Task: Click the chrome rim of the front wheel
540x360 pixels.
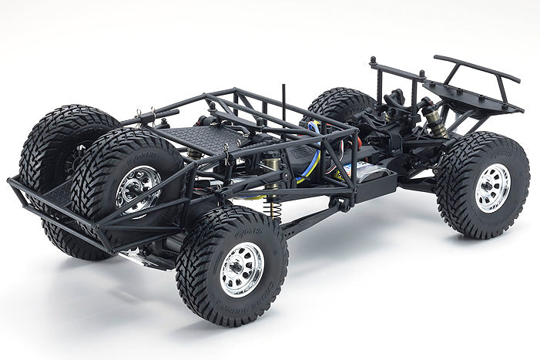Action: point(493,187)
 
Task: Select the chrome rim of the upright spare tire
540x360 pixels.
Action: point(139,187)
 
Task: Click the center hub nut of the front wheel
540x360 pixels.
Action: point(493,187)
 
